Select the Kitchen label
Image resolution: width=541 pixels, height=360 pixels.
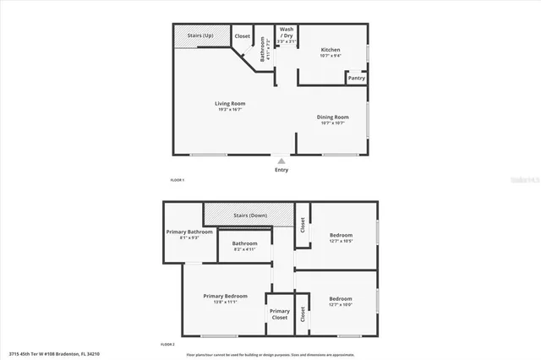(330, 51)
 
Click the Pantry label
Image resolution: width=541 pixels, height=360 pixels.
(356, 78)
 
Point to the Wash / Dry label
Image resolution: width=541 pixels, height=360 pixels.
(287, 31)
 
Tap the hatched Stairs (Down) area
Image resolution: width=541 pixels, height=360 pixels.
(249, 215)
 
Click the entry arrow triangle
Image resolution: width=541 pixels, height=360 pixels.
(281, 161)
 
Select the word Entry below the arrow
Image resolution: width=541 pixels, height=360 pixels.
(281, 170)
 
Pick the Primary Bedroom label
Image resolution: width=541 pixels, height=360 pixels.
(226, 296)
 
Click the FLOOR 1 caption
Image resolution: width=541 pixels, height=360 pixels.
(178, 180)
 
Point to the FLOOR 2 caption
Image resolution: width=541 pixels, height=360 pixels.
(167, 345)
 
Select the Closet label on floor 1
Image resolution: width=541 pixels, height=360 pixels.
(243, 35)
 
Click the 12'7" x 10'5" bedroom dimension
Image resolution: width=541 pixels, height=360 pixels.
(341, 241)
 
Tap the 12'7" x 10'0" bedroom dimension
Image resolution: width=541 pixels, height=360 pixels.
(341, 305)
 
